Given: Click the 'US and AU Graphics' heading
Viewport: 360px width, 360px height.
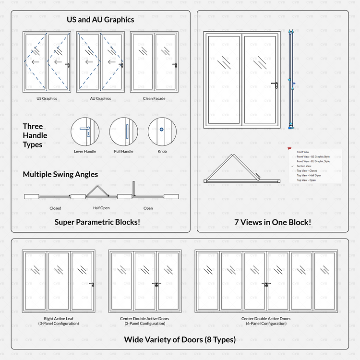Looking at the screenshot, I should pos(100,20).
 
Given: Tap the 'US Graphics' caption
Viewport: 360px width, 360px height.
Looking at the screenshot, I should pos(47,98).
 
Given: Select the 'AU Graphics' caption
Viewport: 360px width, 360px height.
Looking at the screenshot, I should pos(100,98).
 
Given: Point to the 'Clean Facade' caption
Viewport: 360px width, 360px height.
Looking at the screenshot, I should pos(154,98).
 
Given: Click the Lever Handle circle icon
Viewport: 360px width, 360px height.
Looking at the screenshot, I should pos(84,131).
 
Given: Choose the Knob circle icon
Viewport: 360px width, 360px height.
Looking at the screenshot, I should pos(162,131).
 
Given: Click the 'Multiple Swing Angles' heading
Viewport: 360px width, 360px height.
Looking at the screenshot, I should pos(60,174).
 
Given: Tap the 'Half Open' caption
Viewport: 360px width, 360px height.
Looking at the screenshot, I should pos(101,208).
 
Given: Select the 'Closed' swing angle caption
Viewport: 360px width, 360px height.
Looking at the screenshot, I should pos(55,208).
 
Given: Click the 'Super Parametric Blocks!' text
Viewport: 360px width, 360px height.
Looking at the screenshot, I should pos(97,222).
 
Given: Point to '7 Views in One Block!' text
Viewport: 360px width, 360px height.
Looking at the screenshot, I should pos(273,222).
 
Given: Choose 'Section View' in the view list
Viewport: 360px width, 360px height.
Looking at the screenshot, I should pos(304,166).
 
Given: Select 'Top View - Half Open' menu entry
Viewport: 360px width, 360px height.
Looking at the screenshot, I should pos(309,176).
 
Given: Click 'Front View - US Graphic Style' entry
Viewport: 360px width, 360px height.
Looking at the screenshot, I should pos(313,156).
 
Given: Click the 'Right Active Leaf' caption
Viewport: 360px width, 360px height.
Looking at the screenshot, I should pos(59,319).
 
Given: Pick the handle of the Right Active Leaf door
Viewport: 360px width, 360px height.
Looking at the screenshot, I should pos(91,285).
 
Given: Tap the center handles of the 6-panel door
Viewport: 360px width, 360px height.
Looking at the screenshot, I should pos(265,285).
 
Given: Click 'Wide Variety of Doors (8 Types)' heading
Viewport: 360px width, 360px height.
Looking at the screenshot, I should pos(180,339).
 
